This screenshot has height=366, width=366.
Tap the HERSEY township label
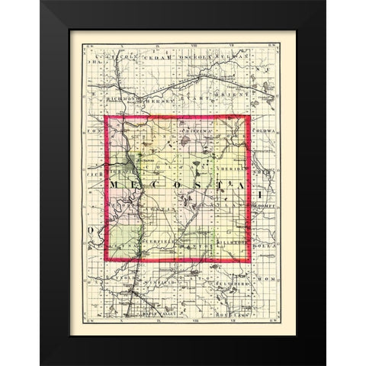156,99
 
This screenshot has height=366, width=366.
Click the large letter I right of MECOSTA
261,187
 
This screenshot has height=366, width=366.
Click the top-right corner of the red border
249,117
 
